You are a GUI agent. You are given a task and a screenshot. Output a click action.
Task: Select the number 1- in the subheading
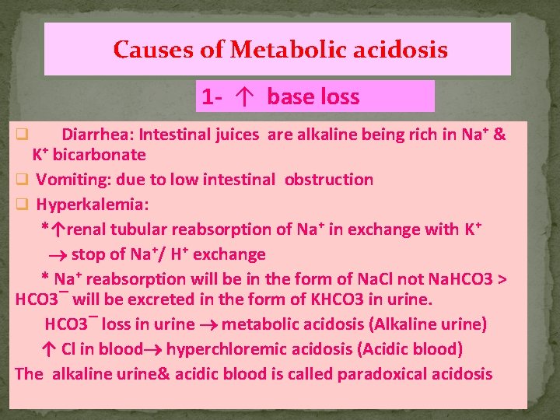pos(213,97)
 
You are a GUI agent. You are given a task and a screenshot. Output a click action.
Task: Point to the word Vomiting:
pos(73,180)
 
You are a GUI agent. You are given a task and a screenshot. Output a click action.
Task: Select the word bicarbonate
pos(99,155)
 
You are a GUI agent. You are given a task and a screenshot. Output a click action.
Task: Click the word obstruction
pos(329,180)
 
